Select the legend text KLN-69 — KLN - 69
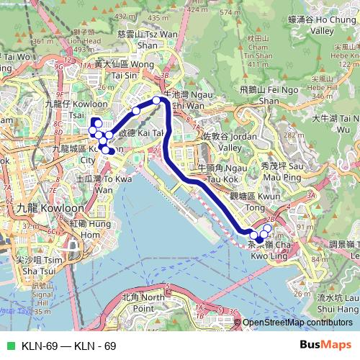[x=68, y=346]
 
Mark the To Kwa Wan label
[x=101, y=183]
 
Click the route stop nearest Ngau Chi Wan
[x=156, y=100]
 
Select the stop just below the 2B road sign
[x=267, y=229]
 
